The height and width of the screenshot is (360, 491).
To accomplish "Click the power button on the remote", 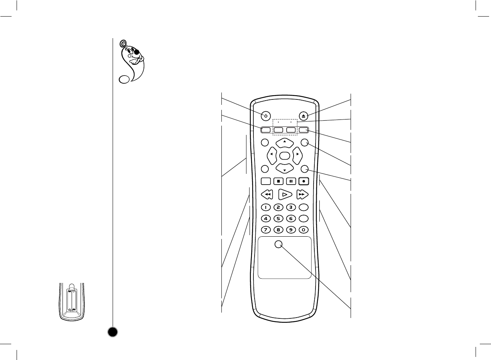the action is [x=265, y=116].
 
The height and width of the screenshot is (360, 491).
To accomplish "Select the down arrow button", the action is [x=284, y=168].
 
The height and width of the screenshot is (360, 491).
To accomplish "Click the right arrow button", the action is [x=297, y=155].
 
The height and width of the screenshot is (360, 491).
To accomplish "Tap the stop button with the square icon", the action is [x=279, y=180].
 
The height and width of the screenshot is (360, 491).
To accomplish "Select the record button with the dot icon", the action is [x=304, y=180].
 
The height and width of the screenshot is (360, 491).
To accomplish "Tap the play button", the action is [x=285, y=194].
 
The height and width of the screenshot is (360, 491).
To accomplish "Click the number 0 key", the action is [x=304, y=230].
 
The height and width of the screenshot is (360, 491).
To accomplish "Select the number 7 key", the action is [x=266, y=230].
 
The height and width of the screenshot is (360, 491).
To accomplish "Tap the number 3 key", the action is [x=291, y=207].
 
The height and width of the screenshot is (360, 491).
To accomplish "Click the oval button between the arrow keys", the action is [x=284, y=155].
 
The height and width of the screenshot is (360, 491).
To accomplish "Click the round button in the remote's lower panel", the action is [x=279, y=244].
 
